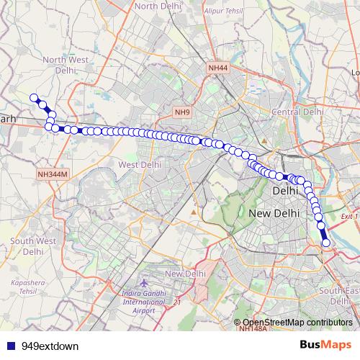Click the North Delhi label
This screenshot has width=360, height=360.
[156, 6]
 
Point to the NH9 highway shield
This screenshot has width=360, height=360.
[182, 112]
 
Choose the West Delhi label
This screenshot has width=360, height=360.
[138, 165]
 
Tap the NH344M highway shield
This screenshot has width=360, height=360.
[54, 174]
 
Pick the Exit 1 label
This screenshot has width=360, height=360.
[348, 215]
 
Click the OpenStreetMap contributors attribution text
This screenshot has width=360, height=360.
[296, 323]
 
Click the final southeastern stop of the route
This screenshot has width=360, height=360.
[326, 243]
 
